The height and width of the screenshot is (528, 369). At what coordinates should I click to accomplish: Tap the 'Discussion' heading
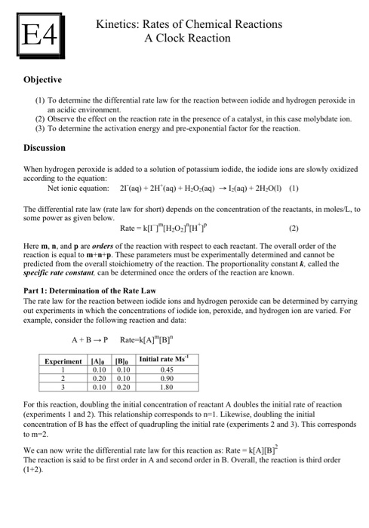(x=45, y=148)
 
